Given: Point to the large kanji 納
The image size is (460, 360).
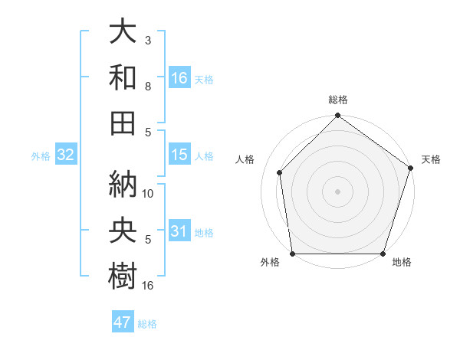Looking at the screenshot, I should pyautogui.click(x=123, y=184).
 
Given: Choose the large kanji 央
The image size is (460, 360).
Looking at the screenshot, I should pyautogui.click(x=123, y=230).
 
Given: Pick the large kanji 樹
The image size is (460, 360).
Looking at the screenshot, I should pyautogui.click(x=123, y=273).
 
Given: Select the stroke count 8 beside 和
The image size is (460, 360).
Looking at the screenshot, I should pyautogui.click(x=148, y=87).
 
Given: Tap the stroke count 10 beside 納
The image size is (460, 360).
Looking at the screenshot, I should pyautogui.click(x=149, y=194).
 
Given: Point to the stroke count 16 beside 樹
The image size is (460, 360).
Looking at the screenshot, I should pyautogui.click(x=149, y=286).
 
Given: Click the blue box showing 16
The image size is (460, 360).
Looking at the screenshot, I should pyautogui.click(x=179, y=77).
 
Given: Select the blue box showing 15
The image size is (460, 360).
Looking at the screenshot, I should pyautogui.click(x=179, y=155).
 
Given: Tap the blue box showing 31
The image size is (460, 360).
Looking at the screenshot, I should pyautogui.click(x=179, y=231).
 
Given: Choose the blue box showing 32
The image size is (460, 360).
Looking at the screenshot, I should pyautogui.click(x=66, y=155).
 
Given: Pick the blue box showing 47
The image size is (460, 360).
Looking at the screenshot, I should pyautogui.click(x=123, y=322).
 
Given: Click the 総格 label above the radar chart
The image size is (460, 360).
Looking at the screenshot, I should pyautogui.click(x=337, y=100).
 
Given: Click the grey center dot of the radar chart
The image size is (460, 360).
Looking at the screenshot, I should pyautogui.click(x=337, y=191).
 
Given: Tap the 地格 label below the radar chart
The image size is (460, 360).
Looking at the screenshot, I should pyautogui.click(x=402, y=263).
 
